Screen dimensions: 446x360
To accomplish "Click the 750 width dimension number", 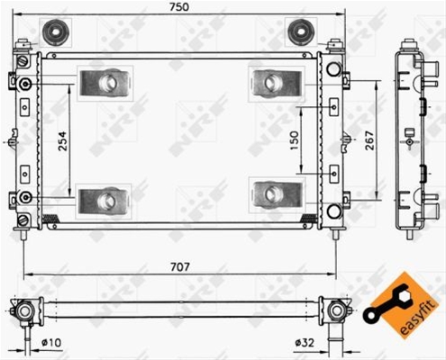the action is pos(179,7).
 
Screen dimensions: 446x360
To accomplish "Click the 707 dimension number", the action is pos(180,266).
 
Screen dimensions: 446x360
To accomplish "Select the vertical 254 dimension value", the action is pos(62,141).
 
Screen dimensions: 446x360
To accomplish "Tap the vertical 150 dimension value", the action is pos(295,140).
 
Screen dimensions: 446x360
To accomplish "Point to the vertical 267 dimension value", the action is pos(369,140).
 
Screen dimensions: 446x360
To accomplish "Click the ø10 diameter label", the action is pos(51,342).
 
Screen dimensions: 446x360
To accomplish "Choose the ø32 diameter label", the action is pos(305,342).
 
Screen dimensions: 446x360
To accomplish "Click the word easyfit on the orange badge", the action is pos(418,318).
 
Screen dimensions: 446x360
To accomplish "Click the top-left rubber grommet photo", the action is pos(56,31).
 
